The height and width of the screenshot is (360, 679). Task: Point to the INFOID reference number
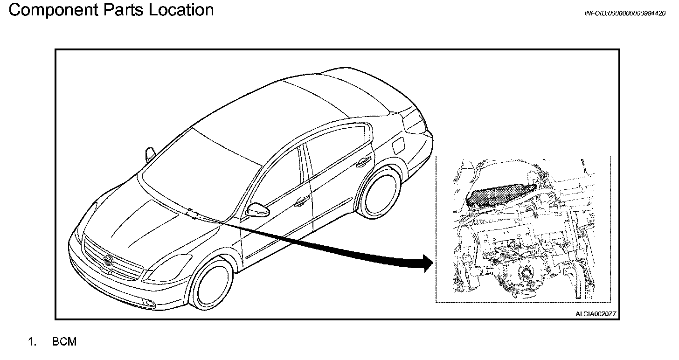click(624, 14)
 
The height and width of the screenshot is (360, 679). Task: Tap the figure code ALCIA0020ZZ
click(596, 314)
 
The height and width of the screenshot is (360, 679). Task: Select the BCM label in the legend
click(64, 342)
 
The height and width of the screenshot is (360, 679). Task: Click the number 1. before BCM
click(32, 342)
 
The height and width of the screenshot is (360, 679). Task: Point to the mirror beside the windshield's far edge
click(150, 153)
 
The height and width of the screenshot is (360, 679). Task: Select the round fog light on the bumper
click(149, 304)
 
